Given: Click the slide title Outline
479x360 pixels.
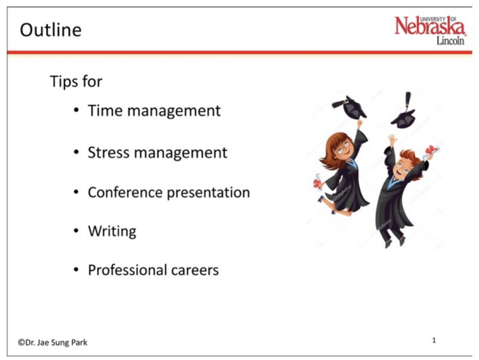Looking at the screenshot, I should click(51, 30).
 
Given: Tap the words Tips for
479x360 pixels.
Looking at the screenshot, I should click(76, 81).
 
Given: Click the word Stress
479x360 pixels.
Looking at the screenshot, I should click(109, 152).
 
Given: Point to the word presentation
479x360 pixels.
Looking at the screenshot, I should click(210, 193).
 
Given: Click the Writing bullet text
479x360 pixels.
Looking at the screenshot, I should click(112, 232).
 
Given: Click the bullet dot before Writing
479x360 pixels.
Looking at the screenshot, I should click(78, 232).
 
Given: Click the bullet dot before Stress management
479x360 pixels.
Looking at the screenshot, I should click(78, 153).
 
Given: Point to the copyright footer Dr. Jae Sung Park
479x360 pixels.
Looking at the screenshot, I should click(53, 342).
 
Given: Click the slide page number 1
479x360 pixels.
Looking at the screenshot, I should click(434, 341).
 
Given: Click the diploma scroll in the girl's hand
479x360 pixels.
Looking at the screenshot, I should click(317, 182).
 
